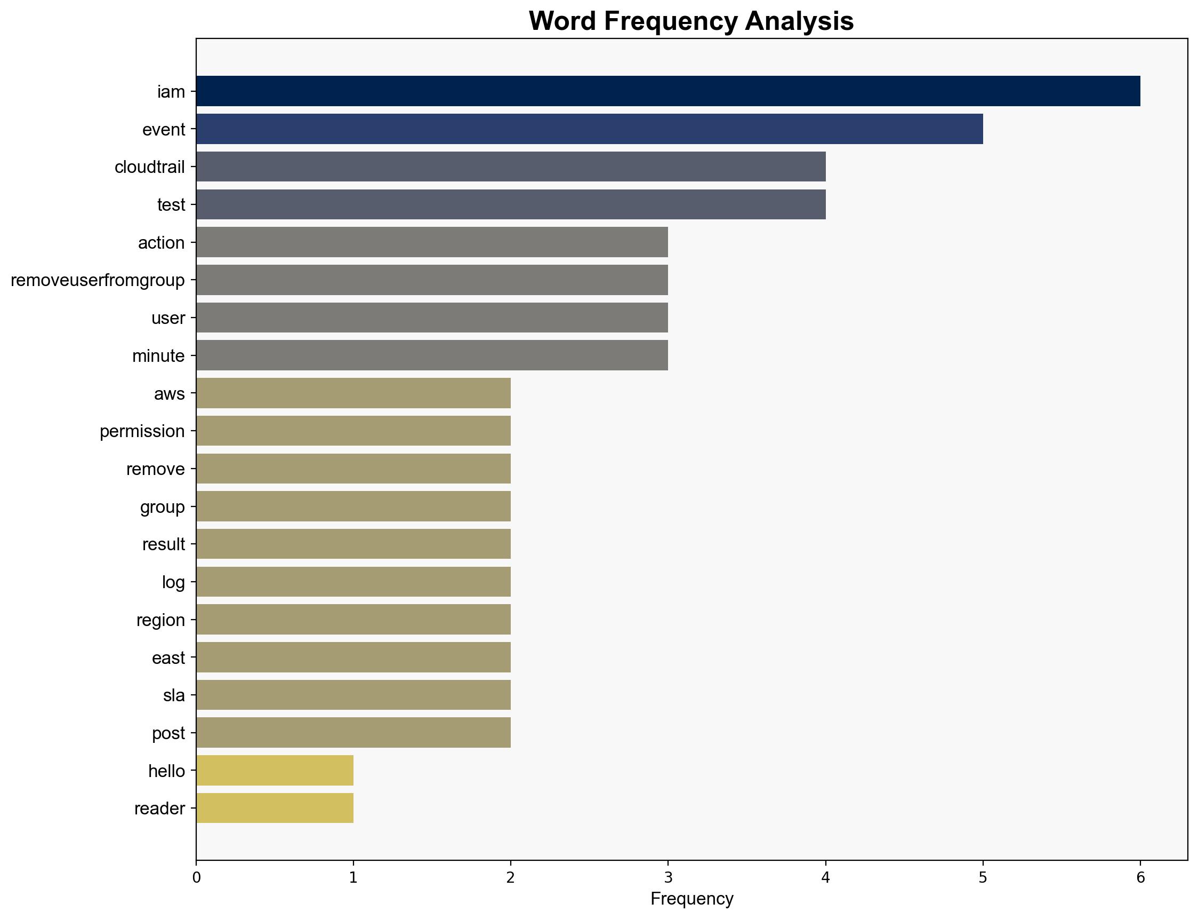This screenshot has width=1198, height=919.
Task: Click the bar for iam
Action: pos(668,91)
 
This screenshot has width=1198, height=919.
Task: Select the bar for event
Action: pos(589,129)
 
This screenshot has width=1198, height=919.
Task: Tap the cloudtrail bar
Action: pos(510,167)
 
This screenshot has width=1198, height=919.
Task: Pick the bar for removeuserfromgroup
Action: pos(432,280)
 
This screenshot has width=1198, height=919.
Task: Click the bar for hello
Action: pos(275,770)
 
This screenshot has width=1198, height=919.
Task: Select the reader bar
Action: pos(275,808)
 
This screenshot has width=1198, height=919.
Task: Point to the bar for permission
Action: pos(353,431)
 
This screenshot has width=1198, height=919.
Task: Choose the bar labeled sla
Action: pos(353,695)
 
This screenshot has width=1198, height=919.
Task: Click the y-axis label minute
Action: pos(158,356)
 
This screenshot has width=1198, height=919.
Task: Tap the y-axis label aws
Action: pos(170,394)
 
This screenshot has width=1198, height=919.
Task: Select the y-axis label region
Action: pos(160,620)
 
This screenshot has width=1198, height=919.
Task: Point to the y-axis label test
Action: pos(171,204)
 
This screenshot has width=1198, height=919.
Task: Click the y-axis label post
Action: pos(168,733)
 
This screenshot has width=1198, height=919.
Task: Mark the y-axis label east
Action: pos(168,657)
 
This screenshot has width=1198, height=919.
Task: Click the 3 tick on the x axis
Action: pos(668,878)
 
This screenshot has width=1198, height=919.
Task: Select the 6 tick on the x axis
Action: pos(1140,878)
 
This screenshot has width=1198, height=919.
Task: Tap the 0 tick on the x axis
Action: pos(196,878)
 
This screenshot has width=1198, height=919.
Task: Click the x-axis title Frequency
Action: pos(692,899)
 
